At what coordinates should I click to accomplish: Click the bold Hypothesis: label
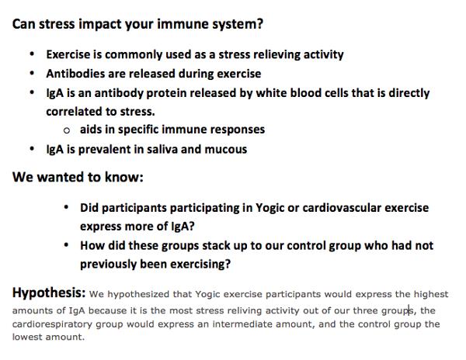click(49, 293)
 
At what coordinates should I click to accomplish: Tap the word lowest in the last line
click(27, 337)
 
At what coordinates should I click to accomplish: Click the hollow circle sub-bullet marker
click(67, 130)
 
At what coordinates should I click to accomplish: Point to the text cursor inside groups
click(409, 310)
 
